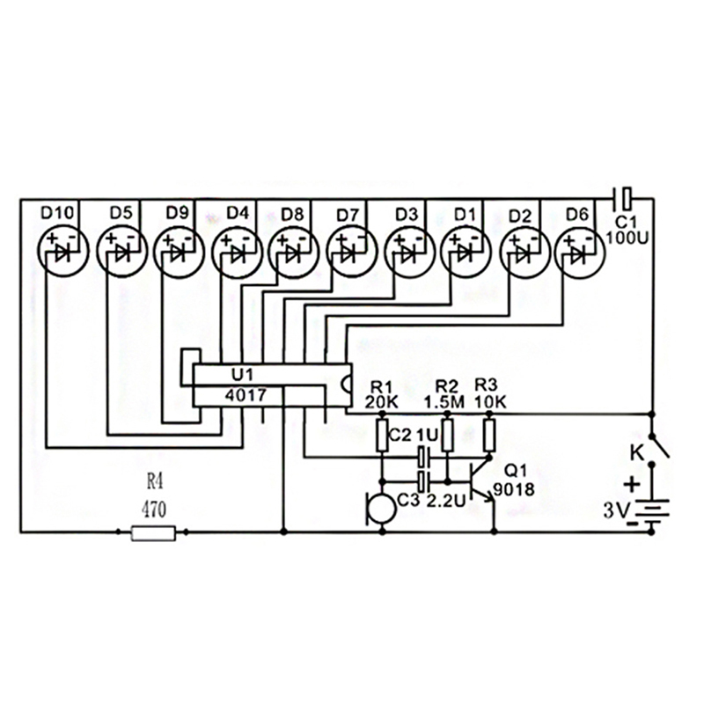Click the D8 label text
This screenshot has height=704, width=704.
(x=293, y=213)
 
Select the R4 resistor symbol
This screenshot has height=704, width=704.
(x=153, y=532)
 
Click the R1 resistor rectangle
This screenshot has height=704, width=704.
(x=384, y=435)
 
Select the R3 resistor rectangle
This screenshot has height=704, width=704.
(x=489, y=435)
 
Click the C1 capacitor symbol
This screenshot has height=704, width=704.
(x=623, y=195)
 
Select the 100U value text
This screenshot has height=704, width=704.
(x=626, y=237)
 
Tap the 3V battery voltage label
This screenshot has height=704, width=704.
(x=615, y=510)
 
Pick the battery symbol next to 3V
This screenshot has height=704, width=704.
(x=651, y=514)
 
